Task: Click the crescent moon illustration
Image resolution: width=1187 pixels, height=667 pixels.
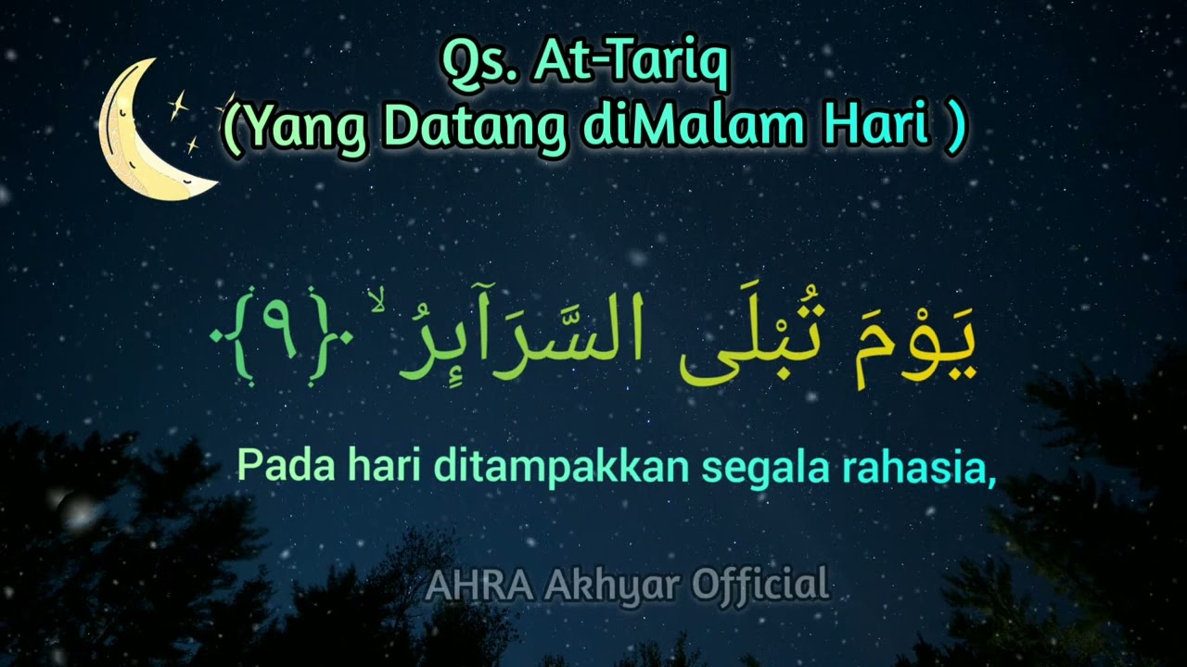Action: tap(148, 139)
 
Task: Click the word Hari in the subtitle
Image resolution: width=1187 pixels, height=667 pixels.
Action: tap(876, 127)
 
